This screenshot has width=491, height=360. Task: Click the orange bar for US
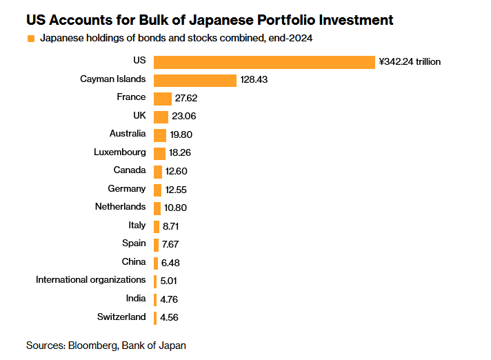264,62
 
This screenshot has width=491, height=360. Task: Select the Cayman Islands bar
195,80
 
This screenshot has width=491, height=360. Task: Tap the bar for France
163,99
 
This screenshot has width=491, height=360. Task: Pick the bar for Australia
160,134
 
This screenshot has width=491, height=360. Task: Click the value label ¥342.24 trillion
410,62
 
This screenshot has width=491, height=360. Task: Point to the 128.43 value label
254,80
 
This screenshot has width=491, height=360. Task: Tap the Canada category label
130,170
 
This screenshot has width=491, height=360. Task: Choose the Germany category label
127,188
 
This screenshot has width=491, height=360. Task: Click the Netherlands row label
120,206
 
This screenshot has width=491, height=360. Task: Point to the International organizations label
91,279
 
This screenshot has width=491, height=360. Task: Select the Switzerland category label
122,317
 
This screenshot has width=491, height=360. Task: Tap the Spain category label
134,243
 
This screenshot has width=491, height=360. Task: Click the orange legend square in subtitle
30,39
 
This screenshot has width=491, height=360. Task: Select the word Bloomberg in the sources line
92,345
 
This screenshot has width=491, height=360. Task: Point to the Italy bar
157,226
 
